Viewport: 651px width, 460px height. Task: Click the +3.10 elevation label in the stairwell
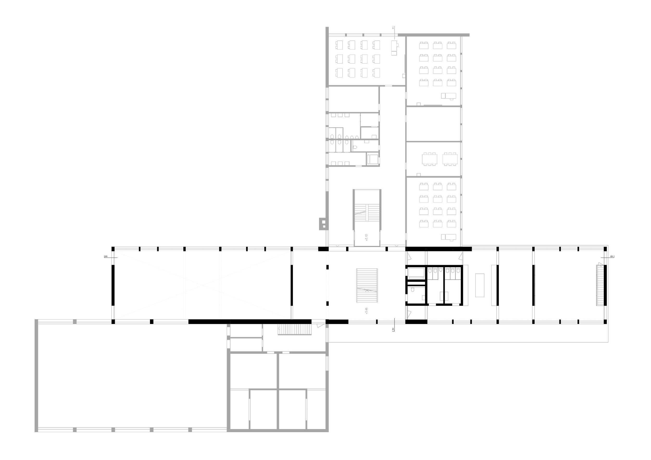[x=366, y=237]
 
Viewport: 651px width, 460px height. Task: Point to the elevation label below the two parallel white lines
[x=366, y=311]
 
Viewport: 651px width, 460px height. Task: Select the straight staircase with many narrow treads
[x=295, y=329]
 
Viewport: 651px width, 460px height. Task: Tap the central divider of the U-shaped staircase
[x=367, y=213]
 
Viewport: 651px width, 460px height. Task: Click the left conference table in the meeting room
[x=430, y=159]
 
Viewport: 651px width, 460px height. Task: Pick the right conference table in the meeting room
[x=450, y=159]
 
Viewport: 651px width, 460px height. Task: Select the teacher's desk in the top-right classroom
[x=450, y=96]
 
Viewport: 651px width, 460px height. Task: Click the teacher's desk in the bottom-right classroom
[x=450, y=237]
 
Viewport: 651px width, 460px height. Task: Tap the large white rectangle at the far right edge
[x=633, y=302]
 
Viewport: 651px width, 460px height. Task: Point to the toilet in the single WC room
[x=355, y=147]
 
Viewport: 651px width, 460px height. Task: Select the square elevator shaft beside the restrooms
[x=373, y=159]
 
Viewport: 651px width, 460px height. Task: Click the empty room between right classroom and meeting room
[x=433, y=124]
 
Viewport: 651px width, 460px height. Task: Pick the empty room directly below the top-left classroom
[x=353, y=99]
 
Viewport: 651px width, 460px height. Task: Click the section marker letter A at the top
[x=393, y=28]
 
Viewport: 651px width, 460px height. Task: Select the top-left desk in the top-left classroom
[x=340, y=45]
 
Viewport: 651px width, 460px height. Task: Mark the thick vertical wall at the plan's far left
[x=36, y=376]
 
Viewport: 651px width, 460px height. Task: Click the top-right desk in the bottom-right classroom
[x=451, y=187]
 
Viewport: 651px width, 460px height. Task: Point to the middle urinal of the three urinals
[x=352, y=137]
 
